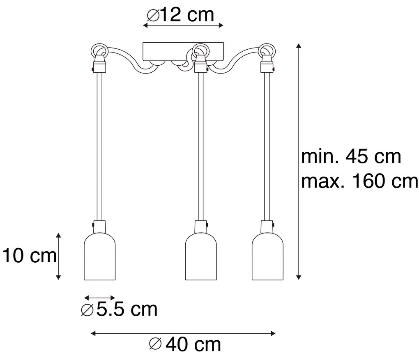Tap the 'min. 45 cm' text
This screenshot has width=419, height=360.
(351, 156)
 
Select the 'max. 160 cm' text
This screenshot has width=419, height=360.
(359, 181)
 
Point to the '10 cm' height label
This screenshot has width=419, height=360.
(29, 256)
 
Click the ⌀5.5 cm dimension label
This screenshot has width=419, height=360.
(119, 309)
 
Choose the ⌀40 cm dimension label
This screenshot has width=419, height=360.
(185, 344)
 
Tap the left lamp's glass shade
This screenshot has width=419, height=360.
(99, 259)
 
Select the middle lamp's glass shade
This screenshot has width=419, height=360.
(201, 259)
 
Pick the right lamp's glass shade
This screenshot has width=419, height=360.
(267, 259)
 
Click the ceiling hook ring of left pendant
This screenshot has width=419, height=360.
(99, 52)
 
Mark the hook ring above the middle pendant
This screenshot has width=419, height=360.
(201, 51)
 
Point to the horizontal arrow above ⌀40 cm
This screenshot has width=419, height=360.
(183, 333)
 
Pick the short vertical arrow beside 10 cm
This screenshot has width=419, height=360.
(58, 256)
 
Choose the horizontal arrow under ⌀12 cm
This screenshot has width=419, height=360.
(183, 25)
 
